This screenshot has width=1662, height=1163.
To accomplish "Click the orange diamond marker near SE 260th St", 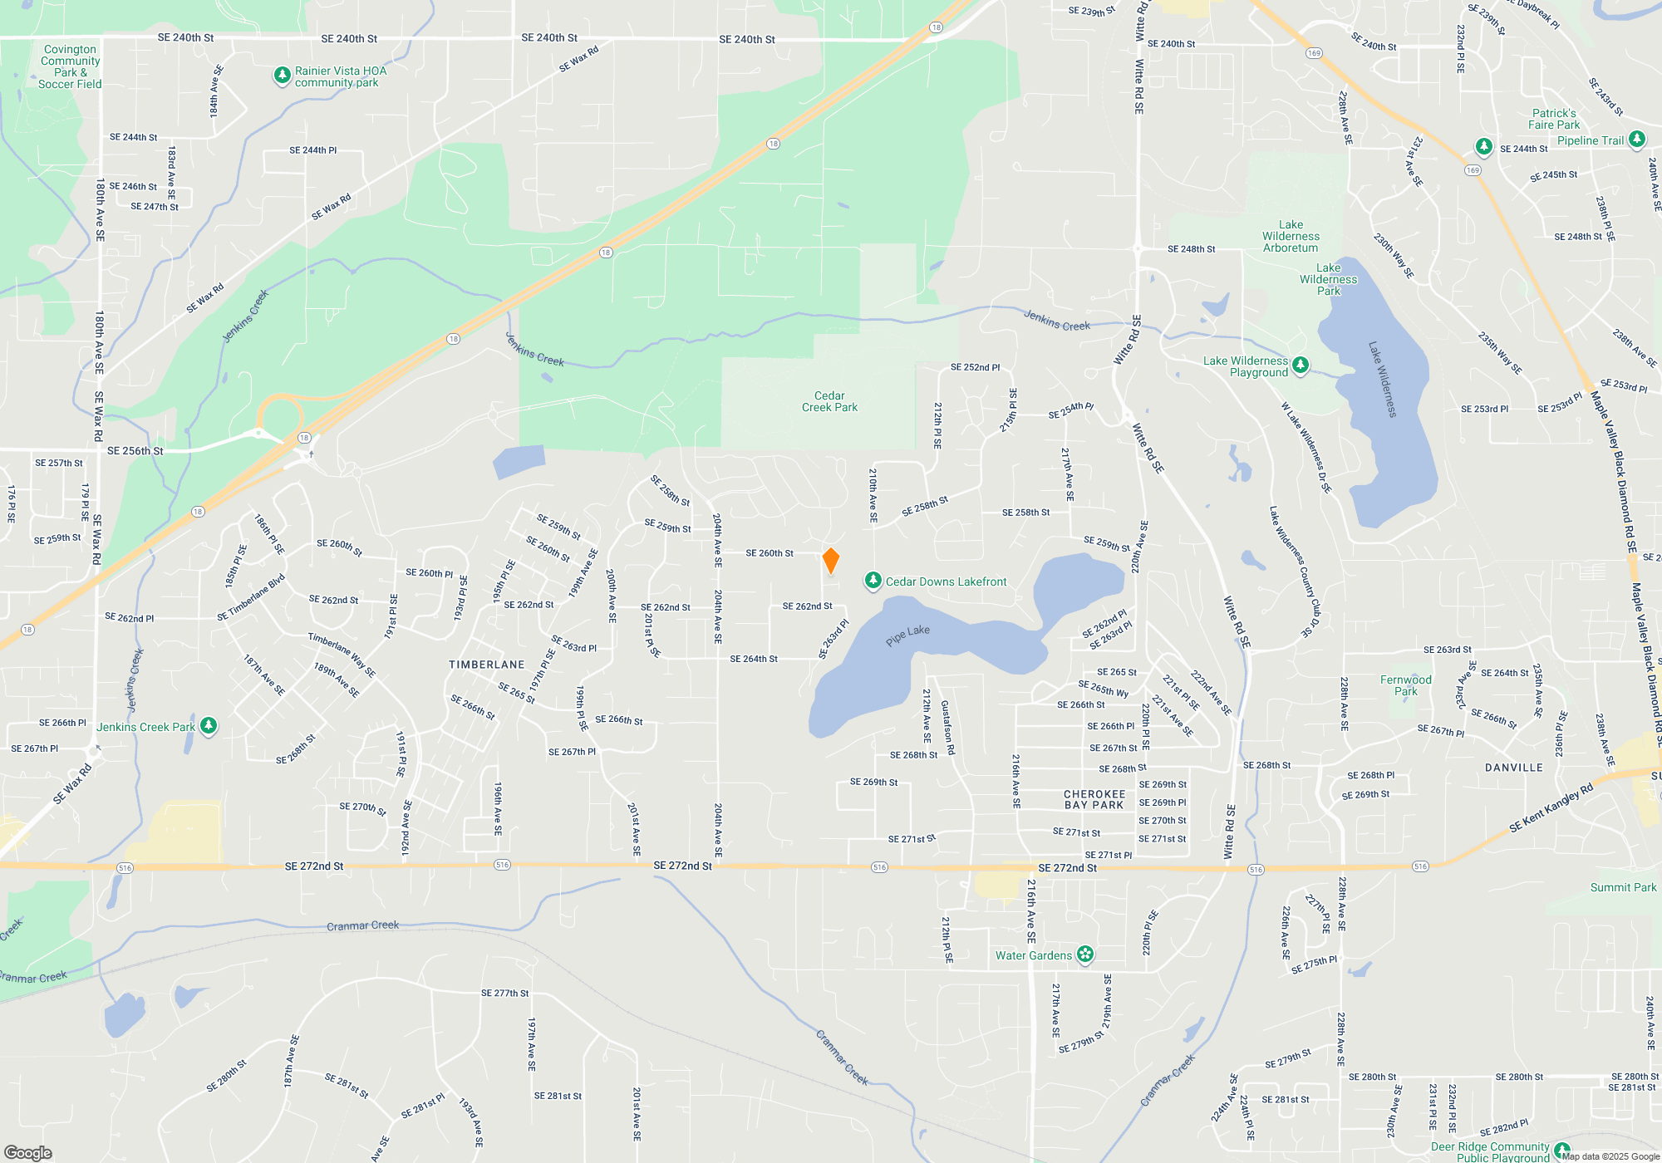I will click(830, 561).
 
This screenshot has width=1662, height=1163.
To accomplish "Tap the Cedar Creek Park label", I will click(829, 402).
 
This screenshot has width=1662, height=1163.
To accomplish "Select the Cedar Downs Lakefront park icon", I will click(873, 581).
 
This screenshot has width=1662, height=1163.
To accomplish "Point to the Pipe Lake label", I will click(907, 635).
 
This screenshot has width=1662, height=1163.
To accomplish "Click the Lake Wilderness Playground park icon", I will click(1301, 365).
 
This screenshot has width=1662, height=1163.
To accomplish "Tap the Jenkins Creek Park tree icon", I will click(209, 726).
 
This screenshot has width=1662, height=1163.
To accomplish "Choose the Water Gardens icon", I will click(1085, 954).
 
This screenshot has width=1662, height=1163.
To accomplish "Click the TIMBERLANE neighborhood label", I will click(487, 665).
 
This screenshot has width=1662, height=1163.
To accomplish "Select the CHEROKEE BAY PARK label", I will click(1094, 800).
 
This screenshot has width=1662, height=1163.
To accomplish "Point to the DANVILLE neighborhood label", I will click(1513, 768).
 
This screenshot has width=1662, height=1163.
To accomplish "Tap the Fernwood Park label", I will click(1405, 685).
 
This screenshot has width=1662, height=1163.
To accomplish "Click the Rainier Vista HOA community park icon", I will click(283, 76).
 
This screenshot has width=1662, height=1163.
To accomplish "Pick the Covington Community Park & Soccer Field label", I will click(71, 66).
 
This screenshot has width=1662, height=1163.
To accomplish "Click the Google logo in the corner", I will click(27, 1152).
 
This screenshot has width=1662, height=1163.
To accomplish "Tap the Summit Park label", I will click(1623, 887).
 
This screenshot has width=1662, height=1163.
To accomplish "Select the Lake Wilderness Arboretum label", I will click(1291, 237).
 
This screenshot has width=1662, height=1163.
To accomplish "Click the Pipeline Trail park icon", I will click(1636, 139).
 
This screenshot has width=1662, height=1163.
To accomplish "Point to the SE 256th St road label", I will click(135, 451).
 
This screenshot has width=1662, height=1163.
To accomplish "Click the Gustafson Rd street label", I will click(947, 728).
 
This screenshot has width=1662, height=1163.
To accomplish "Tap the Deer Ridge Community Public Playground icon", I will click(1561, 1151).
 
